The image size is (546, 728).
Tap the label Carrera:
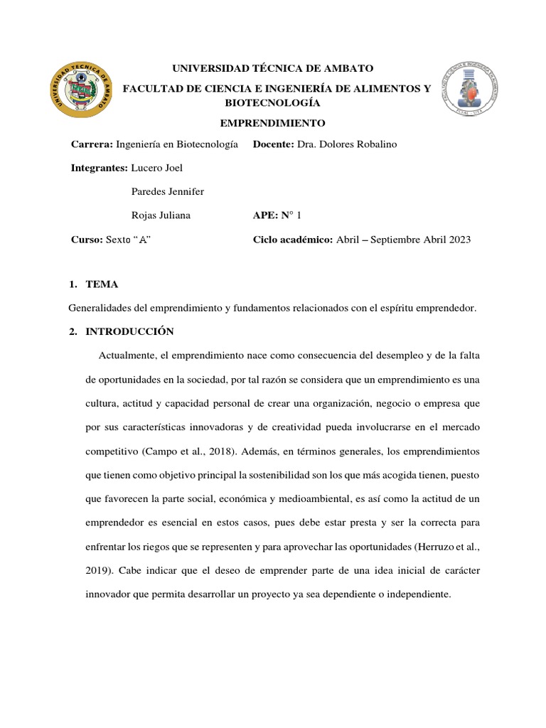pyautogui.click(x=92, y=144)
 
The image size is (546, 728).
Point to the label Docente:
pyautogui.click(x=274, y=144)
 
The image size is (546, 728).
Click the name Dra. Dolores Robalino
pyautogui.click(x=347, y=144)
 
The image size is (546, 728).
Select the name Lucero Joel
pyautogui.click(x=157, y=167)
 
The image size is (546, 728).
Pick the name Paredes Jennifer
pyautogui.click(x=168, y=191)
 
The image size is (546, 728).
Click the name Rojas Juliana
pyautogui.click(x=161, y=215)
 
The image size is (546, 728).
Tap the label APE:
pyautogui.click(x=267, y=215)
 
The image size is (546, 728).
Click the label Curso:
pyautogui.click(x=87, y=240)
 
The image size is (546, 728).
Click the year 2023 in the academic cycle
pyautogui.click(x=458, y=240)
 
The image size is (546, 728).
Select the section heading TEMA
pyautogui.click(x=102, y=284)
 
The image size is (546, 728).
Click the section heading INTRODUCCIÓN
pyautogui.click(x=129, y=332)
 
